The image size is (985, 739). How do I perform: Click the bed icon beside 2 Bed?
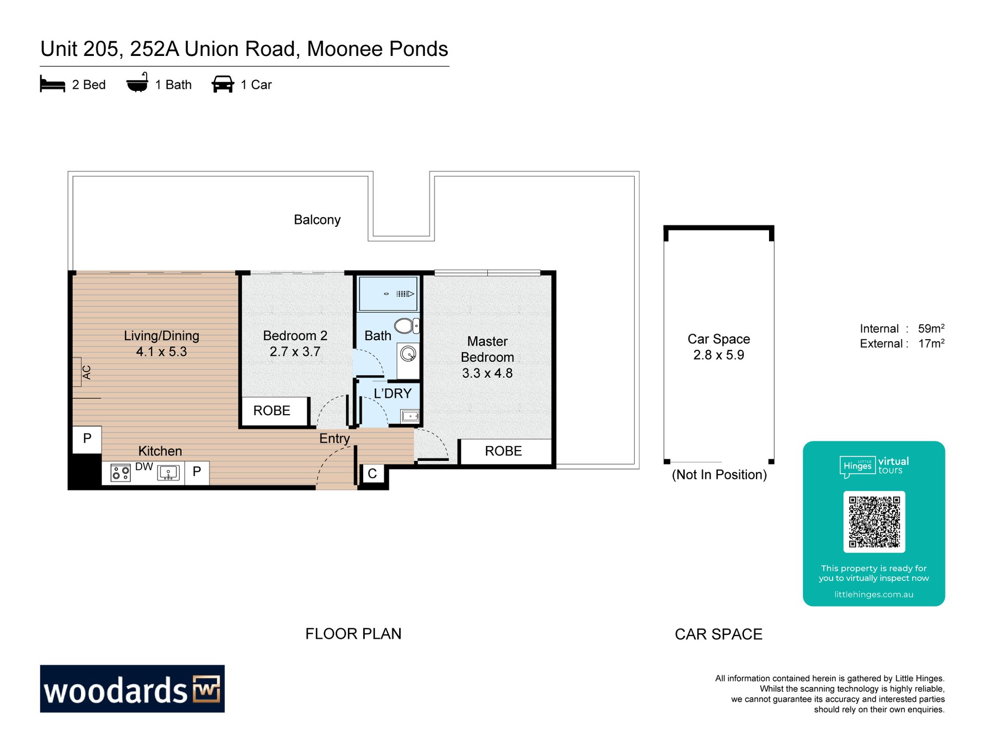52,84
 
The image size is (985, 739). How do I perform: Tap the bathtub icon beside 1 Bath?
137,83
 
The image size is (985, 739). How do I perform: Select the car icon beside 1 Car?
223,84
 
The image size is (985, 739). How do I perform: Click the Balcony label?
317,220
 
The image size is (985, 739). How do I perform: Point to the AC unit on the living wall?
77,372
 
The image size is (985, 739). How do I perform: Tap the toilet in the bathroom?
406,325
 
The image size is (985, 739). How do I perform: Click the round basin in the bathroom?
408,354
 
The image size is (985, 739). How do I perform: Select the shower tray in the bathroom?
388,294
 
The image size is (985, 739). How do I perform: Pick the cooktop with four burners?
121,473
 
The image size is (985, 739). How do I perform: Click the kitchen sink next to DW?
168,473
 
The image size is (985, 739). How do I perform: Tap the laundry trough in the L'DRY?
410,416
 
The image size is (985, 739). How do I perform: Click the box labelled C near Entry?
372,474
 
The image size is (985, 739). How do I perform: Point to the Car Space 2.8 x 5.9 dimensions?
718,355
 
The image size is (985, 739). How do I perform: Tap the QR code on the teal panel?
874,521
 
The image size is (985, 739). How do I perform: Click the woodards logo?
132,689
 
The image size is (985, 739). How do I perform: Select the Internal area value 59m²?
931,328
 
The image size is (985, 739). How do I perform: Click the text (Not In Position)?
719,475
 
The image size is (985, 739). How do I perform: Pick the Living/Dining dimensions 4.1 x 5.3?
162,352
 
